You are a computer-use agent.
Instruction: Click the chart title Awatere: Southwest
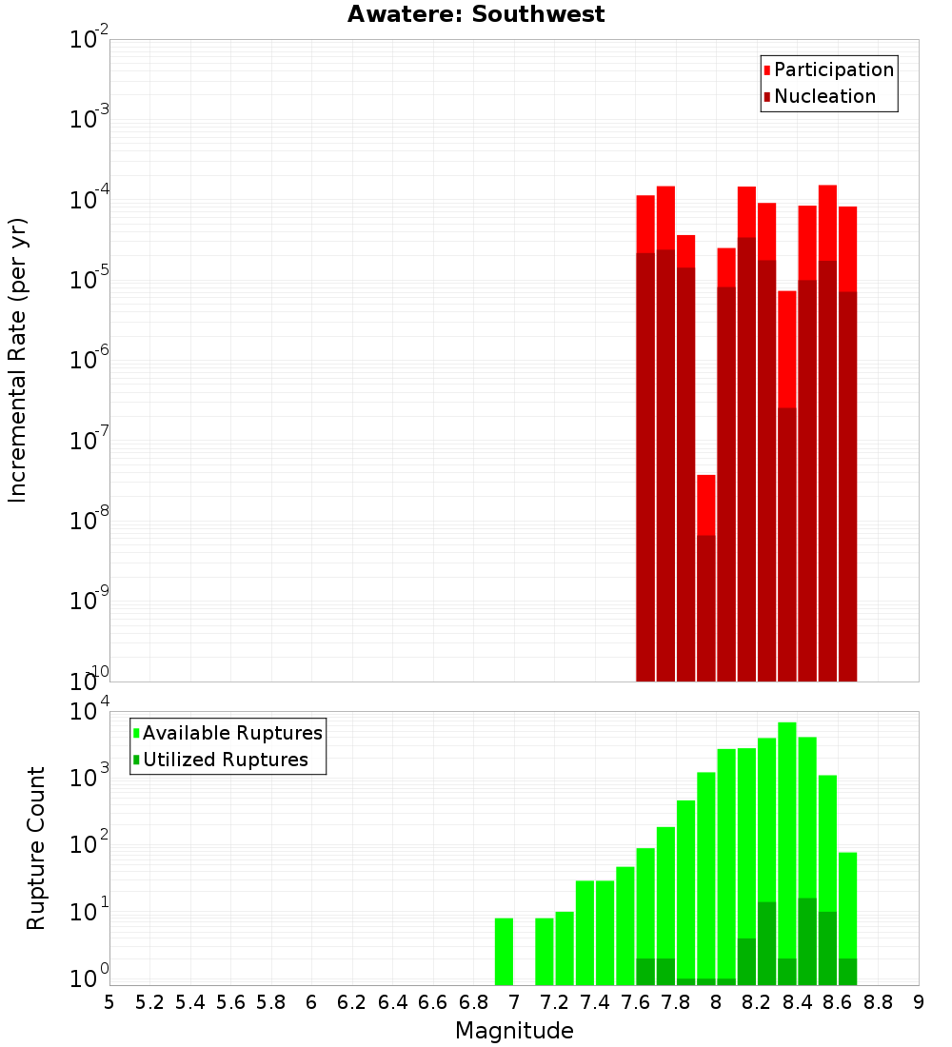point(476,14)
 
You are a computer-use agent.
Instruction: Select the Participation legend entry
point(833,69)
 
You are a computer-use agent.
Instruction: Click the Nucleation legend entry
point(823,96)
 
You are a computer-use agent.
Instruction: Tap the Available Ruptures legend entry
point(231,733)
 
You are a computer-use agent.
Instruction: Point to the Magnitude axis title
point(514,1031)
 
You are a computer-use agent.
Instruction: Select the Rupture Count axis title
point(36,847)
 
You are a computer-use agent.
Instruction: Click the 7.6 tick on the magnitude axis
point(636,1002)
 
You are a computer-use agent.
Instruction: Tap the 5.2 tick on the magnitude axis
point(150,1002)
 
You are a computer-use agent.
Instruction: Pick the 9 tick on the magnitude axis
point(919,1002)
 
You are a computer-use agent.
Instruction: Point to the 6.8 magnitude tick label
point(474,1002)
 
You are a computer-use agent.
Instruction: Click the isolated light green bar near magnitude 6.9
point(504,952)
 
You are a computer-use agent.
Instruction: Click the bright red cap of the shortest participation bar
point(705,504)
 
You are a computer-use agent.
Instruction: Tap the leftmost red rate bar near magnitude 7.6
point(645,428)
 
